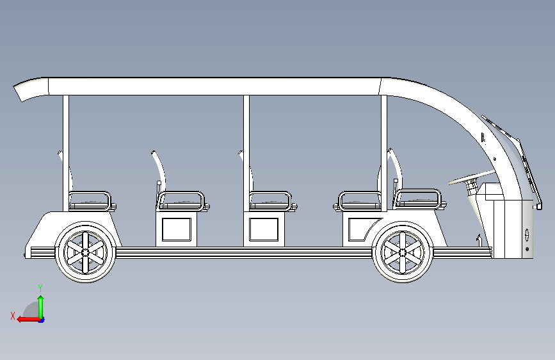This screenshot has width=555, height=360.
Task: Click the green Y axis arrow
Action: pyautogui.click(x=41, y=301)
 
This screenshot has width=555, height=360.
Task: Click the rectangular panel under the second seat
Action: pyautogui.click(x=176, y=229)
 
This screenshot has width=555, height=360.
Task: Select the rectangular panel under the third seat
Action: pyautogui.click(x=264, y=229)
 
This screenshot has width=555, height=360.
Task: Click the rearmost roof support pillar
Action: pyautogui.click(x=65, y=154)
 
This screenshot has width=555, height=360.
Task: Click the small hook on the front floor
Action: pyautogui.click(x=478, y=240)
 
